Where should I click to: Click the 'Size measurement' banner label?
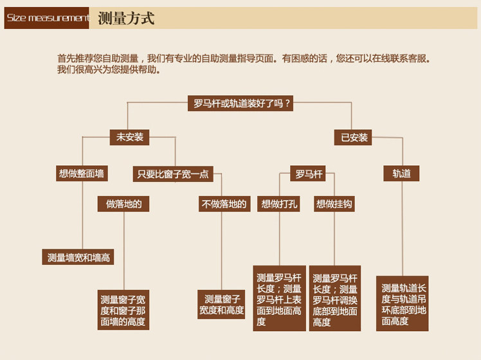click(47, 18)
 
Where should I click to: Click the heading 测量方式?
click(126, 18)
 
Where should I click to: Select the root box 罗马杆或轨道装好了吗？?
click(242, 103)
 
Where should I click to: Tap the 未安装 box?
click(129, 137)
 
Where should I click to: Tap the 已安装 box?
click(354, 138)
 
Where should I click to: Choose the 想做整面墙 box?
click(82, 174)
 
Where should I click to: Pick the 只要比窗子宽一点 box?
click(173, 174)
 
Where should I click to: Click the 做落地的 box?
click(123, 204)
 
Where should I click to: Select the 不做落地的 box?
click(224, 204)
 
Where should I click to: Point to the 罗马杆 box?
click(309, 174)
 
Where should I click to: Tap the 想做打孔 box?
click(279, 204)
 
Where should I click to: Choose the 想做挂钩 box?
click(334, 204)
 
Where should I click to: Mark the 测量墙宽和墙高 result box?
click(79, 257)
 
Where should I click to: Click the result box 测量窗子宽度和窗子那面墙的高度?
click(123, 310)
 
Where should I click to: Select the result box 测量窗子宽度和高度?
click(221, 305)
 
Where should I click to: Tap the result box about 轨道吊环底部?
click(403, 304)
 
